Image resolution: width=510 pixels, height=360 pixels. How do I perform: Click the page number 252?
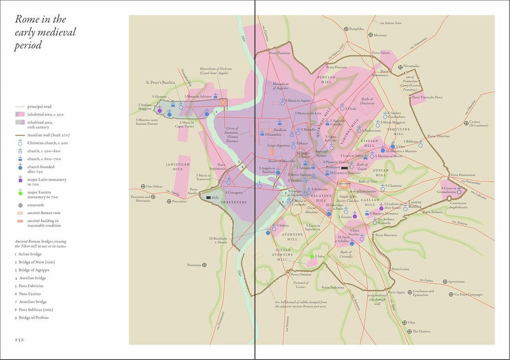(19, 339)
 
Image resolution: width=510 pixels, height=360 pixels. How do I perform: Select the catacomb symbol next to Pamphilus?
(346, 29)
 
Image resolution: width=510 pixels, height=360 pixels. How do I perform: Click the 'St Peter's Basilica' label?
(160, 83)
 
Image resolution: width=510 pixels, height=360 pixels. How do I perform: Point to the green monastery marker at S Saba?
(312, 256)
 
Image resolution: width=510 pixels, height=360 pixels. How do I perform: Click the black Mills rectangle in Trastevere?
(209, 198)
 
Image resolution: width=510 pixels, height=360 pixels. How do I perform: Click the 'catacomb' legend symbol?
(20, 205)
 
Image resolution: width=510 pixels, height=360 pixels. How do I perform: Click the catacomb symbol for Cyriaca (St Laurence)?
(465, 122)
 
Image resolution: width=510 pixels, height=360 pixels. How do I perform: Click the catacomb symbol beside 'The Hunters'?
(408, 331)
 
